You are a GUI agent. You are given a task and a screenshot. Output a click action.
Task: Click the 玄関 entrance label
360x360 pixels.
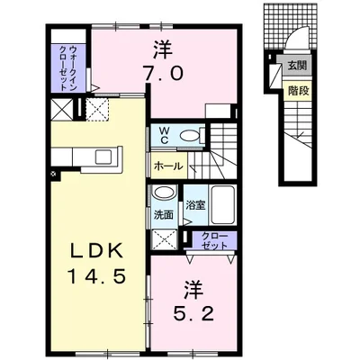pos(298,65)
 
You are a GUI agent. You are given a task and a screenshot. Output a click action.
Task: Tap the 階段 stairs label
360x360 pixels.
pos(298,90)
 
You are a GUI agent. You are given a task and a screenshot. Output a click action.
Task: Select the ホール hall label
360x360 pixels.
pos(168,166)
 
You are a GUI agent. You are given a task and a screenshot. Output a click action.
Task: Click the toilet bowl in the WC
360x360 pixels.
pos(190,136)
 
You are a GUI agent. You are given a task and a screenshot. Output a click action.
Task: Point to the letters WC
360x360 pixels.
pos(164,135)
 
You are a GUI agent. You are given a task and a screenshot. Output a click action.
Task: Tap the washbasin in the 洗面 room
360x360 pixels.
pos(164,193)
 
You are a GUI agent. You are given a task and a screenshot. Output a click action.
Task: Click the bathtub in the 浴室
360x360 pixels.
pos(222,205)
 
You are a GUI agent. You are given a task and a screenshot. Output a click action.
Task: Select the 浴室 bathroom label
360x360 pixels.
pos(195,205)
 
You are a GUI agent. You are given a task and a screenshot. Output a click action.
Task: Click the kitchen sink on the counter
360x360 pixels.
pos(103,157)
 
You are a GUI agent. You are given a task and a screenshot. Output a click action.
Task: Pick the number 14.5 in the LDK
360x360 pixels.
pos(97,276)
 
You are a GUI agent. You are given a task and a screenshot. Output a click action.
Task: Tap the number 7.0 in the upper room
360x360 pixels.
pos(163,74)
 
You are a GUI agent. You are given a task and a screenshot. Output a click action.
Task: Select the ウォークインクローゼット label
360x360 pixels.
pos(68,68)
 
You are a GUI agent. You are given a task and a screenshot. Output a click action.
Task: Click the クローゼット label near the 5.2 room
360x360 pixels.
pos(214,241)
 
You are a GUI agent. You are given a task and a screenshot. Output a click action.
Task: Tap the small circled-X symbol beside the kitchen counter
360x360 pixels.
pos(53,174)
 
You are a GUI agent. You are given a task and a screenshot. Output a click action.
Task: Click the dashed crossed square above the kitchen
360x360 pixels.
pos(97,109)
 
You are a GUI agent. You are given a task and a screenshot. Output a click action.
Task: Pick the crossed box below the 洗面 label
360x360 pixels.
pos(165,240)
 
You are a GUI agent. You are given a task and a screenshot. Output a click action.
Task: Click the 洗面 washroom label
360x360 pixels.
pos(163,215)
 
